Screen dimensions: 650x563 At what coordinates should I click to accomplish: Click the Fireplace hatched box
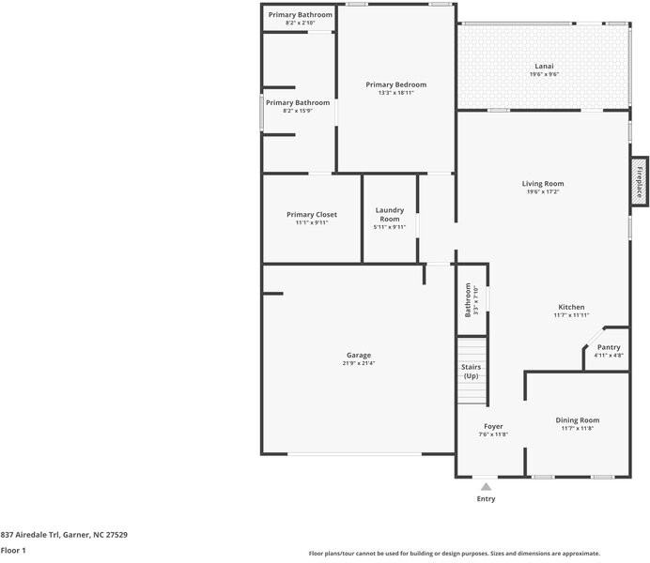(x=640, y=181)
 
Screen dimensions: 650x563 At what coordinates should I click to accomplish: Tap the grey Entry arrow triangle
(x=486, y=486)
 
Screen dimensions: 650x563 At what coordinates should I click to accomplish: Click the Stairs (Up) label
(x=471, y=372)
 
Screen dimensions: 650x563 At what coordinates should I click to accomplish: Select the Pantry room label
(x=609, y=347)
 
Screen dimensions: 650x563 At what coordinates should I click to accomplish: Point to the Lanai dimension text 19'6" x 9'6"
(x=544, y=74)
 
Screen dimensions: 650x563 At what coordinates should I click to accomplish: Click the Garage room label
(x=359, y=356)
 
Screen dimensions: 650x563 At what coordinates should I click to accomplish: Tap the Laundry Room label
(x=389, y=215)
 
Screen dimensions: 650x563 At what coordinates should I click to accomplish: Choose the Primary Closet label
(x=312, y=215)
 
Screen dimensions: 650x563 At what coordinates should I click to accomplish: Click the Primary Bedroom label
(x=395, y=84)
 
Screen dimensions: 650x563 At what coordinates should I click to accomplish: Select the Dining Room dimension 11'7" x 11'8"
(x=578, y=429)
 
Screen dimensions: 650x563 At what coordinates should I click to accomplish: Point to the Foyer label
(x=493, y=426)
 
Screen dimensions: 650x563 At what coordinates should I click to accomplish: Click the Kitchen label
(x=571, y=307)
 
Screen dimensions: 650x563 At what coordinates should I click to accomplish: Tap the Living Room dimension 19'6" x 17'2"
(x=543, y=192)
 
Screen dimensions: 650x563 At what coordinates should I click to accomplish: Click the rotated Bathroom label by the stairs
(x=468, y=300)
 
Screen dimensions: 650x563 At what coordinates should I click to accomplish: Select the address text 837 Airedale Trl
(x=31, y=535)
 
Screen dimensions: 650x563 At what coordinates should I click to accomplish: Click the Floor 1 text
(x=13, y=551)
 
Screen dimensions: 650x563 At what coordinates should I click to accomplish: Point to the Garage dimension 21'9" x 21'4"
(x=359, y=363)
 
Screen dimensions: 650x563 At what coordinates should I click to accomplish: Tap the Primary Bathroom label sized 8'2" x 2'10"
(x=301, y=15)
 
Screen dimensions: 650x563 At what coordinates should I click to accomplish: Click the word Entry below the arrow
(x=486, y=499)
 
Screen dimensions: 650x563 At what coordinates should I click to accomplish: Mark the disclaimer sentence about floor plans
(x=455, y=554)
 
